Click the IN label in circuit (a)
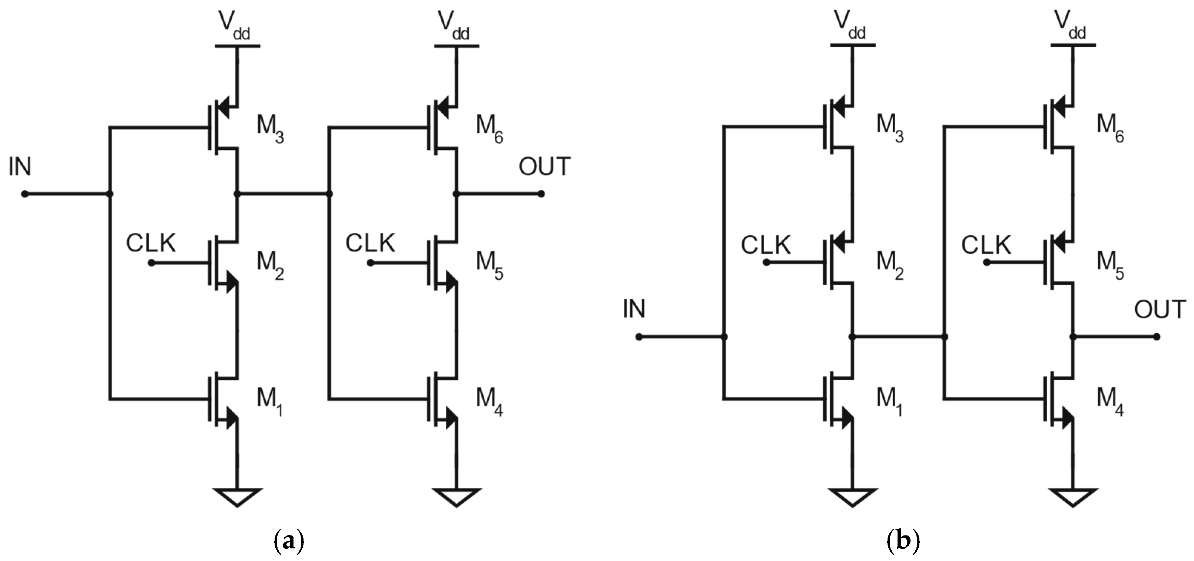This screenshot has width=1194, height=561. (x=20, y=167)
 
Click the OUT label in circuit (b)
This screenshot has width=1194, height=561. (x=1160, y=310)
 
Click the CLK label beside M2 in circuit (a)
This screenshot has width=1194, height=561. (x=151, y=243)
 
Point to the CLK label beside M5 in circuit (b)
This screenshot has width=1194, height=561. (x=986, y=245)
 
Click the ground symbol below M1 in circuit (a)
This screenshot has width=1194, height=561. (x=237, y=497)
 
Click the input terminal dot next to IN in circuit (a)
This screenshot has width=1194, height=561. (x=25, y=194)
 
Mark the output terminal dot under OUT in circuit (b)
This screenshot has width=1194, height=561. (x=1157, y=337)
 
